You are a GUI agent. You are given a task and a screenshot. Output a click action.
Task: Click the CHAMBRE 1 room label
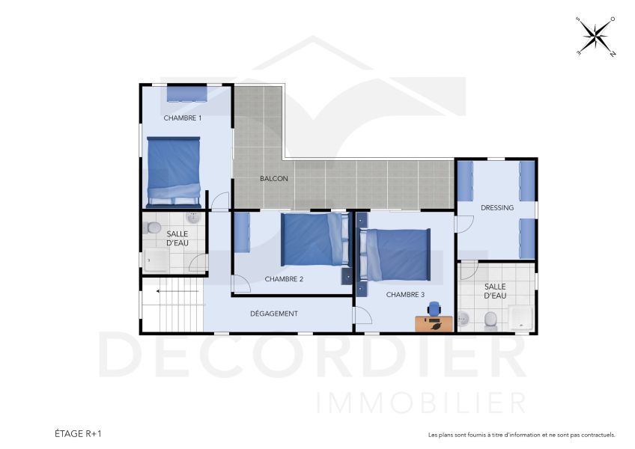[x=182, y=117]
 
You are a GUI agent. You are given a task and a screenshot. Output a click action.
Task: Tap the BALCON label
[x=274, y=179]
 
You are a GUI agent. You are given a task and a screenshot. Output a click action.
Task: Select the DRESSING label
[x=497, y=208]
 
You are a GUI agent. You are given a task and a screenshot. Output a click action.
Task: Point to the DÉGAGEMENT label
[x=274, y=314]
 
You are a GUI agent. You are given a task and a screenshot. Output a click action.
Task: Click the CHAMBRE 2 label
[x=284, y=279]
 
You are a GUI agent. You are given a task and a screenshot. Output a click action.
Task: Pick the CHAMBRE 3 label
[x=405, y=295]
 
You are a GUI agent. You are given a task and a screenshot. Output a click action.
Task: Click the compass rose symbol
[x=596, y=37]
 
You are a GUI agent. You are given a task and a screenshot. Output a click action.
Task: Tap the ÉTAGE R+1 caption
[x=78, y=433]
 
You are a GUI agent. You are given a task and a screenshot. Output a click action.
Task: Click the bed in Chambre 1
[x=174, y=172]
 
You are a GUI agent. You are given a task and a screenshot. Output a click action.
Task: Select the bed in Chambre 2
[x=316, y=239]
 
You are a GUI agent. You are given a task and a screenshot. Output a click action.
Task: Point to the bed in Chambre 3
[x=394, y=255]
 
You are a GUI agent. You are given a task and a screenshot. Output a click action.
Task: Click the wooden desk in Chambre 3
[x=434, y=324]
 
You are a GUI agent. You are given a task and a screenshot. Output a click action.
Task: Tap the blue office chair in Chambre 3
[x=434, y=309]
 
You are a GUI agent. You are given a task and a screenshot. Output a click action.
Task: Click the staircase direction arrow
[x=177, y=291]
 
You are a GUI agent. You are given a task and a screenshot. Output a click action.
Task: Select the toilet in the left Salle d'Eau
[x=151, y=228]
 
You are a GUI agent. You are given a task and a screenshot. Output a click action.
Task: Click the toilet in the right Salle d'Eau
[x=490, y=320]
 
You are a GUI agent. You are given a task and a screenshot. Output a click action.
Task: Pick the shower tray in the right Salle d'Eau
[x=521, y=318]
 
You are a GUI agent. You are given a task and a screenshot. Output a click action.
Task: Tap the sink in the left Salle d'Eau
[x=194, y=218]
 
